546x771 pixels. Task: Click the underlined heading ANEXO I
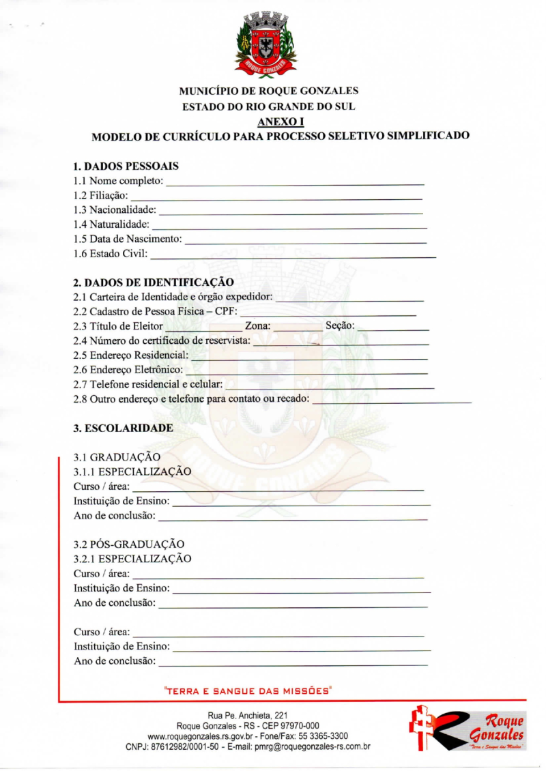[271, 121]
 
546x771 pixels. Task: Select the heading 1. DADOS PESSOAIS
[126, 166]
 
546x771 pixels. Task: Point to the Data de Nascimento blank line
[306, 242]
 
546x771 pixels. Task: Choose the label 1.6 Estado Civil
[110, 255]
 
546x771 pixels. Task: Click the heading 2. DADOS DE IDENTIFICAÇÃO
[154, 282]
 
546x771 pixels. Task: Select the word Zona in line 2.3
[257, 326]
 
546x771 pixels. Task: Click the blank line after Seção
[393, 328]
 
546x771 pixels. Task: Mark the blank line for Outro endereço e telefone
[392, 402]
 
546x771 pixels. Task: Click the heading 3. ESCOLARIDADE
[123, 428]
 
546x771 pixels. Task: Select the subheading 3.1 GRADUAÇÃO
[117, 456]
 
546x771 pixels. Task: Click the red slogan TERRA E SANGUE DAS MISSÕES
[248, 691]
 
